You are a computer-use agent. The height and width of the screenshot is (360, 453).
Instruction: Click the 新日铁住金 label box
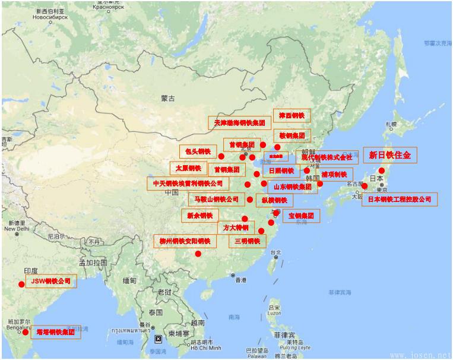(389, 155)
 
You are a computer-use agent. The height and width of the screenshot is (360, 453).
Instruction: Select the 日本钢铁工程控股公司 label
(399, 200)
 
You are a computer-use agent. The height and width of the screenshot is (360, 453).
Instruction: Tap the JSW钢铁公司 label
(51, 281)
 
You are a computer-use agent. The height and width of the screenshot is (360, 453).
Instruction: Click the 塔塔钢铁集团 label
(55, 332)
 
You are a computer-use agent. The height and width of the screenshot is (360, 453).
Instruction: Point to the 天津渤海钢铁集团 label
(239, 123)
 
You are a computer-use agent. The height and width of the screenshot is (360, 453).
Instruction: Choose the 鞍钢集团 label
(292, 135)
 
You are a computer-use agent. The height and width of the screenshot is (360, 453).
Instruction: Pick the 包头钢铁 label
(197, 151)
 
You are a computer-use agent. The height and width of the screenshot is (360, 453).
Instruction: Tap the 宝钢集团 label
(300, 216)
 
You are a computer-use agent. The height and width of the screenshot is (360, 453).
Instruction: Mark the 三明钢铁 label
(247, 241)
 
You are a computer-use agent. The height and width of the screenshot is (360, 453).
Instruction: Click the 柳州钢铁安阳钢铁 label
(185, 241)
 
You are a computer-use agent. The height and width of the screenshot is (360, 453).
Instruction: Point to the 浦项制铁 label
(334, 175)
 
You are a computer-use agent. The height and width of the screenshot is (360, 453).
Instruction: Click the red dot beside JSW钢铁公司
(21, 284)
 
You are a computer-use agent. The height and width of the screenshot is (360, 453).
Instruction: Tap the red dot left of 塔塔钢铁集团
(25, 332)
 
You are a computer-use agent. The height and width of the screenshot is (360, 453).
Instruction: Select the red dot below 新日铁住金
(381, 170)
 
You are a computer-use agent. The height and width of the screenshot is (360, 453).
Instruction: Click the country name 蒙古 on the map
(167, 99)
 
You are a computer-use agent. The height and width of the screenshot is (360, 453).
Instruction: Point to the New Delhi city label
(16, 228)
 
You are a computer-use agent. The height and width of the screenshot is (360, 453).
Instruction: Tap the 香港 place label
(240, 280)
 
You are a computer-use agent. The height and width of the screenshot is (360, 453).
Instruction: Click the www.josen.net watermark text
(420, 355)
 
